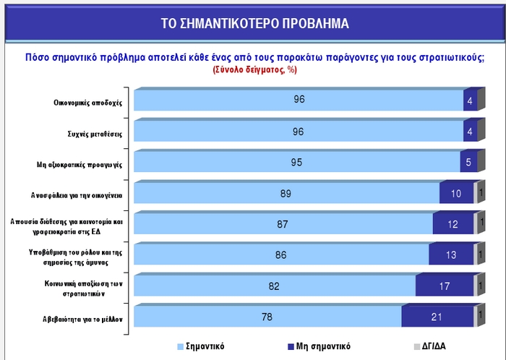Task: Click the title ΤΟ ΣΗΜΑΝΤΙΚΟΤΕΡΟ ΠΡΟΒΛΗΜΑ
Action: point(255,23)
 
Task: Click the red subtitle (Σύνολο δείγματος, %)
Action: point(255,70)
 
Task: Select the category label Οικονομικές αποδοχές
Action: point(87,102)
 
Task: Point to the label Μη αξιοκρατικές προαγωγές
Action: point(80,164)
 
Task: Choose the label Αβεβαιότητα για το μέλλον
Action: point(82,318)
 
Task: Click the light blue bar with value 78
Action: point(267,317)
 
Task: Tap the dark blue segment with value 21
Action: point(437,317)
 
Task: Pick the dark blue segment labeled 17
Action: point(445,286)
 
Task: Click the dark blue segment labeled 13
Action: point(451,254)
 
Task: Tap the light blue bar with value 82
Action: point(275,286)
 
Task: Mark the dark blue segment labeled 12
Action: point(453,224)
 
